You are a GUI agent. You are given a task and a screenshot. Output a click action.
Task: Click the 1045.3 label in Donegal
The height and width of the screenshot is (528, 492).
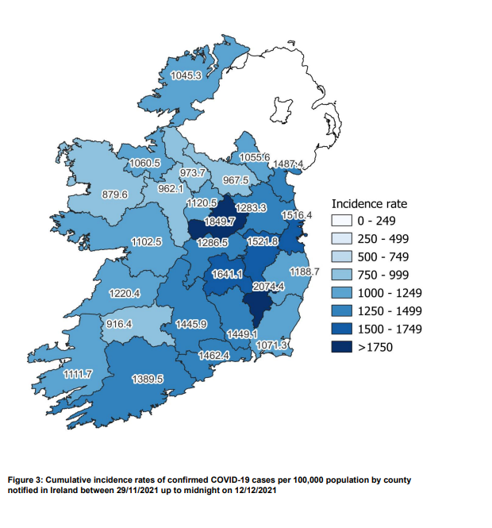[x=186, y=76]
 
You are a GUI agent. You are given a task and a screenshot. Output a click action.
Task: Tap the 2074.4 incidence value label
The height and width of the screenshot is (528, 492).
[x=268, y=286]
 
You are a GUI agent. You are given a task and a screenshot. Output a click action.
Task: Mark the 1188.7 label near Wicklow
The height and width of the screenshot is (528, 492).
[x=303, y=272]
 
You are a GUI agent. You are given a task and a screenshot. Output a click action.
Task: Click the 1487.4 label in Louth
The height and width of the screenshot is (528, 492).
[x=288, y=164]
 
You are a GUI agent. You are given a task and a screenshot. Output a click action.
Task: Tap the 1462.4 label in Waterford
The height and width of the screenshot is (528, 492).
[x=213, y=356]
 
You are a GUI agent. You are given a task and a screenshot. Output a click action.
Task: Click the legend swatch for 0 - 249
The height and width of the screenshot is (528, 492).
[x=342, y=220]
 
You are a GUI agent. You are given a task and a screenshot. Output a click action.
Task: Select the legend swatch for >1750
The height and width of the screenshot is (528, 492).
[x=342, y=346]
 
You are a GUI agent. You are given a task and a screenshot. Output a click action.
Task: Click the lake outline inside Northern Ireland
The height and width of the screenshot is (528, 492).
[x=283, y=110]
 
